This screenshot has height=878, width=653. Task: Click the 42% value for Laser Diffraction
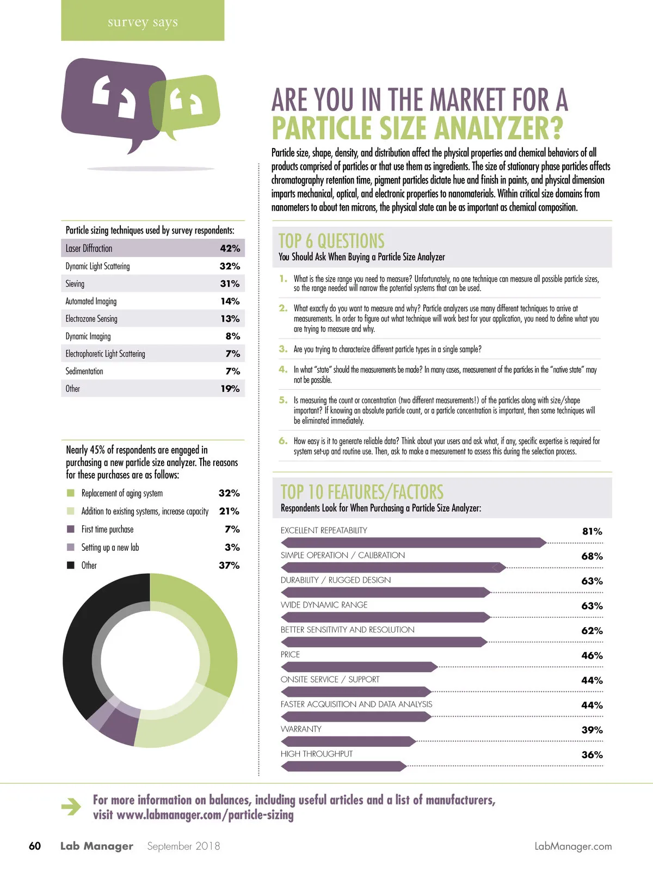coord(230,249)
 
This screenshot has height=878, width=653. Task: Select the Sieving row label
coord(75,284)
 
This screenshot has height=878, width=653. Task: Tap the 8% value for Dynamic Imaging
coord(233,336)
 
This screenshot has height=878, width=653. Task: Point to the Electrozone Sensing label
coord(91,319)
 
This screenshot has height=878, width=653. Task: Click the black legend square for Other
coord(70,566)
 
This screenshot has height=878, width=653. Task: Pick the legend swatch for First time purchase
coord(70,529)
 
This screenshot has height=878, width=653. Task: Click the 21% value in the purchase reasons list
coord(229,511)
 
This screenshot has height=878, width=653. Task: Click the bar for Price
coord(359,667)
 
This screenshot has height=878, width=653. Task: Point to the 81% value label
coord(592,531)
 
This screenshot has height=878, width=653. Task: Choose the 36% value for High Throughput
coord(592,755)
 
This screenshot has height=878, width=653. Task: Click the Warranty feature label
coord(301,729)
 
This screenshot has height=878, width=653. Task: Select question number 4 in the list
coord(283,370)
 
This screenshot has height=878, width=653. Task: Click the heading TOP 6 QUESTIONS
coord(331,241)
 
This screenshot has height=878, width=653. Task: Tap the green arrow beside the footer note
coord(71,807)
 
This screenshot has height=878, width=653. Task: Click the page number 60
coord(35,846)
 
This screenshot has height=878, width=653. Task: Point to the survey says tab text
coord(143,22)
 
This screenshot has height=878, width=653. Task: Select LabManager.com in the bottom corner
coord(573,846)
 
